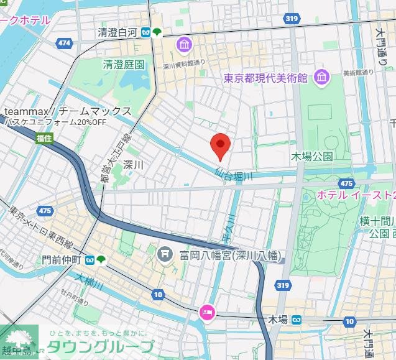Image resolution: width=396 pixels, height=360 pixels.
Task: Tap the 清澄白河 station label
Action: (118, 32)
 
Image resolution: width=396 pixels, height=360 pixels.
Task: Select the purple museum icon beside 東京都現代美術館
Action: (321, 78)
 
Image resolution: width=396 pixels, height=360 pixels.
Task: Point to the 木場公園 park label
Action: (312, 155)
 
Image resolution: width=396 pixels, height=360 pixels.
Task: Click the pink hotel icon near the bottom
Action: (206, 312)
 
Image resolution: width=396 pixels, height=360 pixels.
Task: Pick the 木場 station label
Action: (277, 320)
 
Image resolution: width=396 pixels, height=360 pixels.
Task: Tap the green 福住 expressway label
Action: (44, 137)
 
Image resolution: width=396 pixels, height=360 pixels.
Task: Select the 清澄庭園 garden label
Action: (124, 64)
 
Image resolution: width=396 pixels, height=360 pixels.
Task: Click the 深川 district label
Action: (134, 165)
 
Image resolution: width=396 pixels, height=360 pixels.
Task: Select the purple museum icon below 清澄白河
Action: (184, 45)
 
